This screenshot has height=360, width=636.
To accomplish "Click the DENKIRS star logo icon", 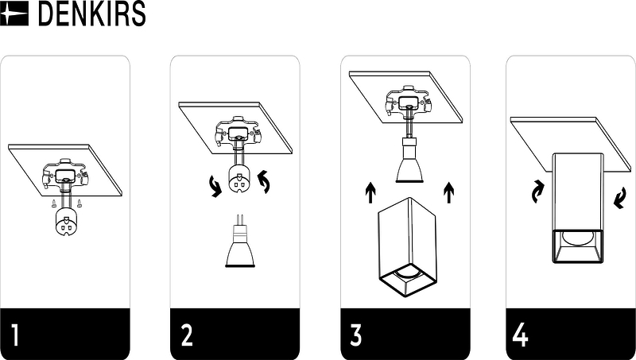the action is coord(14,14).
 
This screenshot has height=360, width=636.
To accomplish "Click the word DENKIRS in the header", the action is coord(91,14).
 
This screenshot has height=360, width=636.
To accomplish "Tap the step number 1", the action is coord(15,335).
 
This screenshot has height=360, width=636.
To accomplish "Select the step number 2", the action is coord(187,335).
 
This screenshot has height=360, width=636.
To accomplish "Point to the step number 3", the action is coord(355,335).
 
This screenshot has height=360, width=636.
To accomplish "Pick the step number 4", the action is coord(521,335).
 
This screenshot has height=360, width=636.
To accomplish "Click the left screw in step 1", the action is coord(54,203).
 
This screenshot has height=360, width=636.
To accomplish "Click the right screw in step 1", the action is coord(79,203).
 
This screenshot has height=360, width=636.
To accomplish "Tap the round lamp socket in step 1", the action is coord(66,222).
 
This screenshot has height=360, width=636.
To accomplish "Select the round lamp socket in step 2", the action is coord(239,179).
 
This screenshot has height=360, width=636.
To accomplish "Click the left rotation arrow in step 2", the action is coord(215,187).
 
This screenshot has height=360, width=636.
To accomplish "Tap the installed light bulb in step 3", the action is coord(409,161).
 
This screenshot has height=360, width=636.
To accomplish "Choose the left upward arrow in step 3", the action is coord(370,192).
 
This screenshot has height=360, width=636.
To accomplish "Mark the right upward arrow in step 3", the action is coord(448,192).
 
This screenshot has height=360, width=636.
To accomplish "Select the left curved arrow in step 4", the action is coord(538,192).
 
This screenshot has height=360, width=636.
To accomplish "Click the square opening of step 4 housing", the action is coord(578,246).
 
